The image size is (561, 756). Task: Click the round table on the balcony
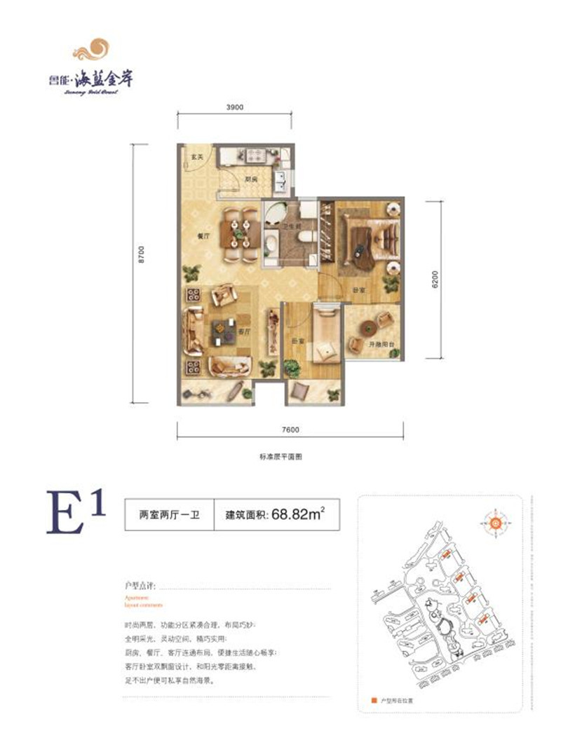click(x=367, y=326)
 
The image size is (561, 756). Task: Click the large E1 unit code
click(x=76, y=515)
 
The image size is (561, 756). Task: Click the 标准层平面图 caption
click(x=280, y=457)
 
